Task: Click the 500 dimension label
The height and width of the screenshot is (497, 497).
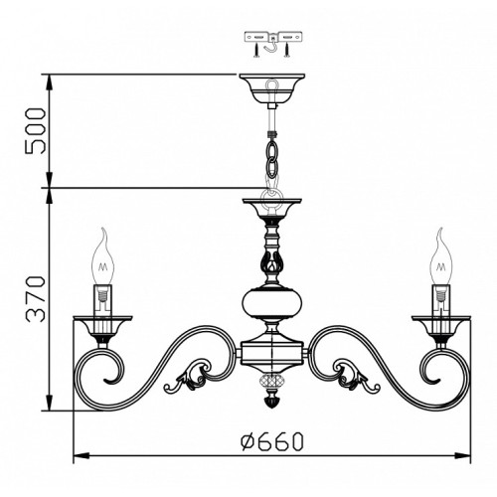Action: click(x=35, y=130)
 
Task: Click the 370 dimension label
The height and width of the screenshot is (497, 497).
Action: click(x=35, y=299)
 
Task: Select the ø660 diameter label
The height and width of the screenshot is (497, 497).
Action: click(x=271, y=441)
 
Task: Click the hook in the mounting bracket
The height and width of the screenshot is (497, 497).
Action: click(x=271, y=46)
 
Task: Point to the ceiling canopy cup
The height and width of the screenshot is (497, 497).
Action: click(x=271, y=88)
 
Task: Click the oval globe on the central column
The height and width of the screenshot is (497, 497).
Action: click(x=272, y=303)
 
